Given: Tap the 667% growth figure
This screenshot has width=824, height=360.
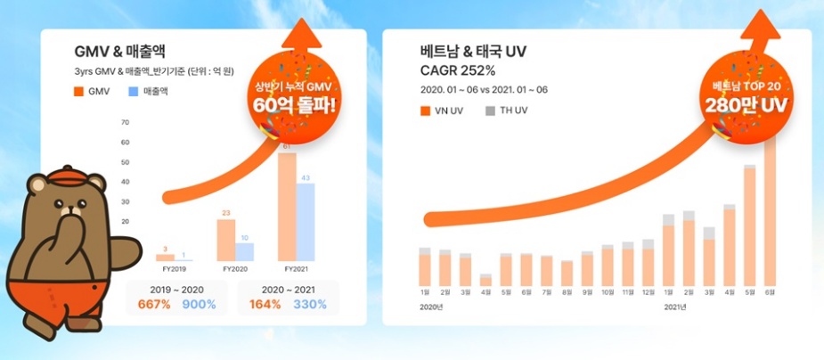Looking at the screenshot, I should pyautogui.click(x=155, y=305).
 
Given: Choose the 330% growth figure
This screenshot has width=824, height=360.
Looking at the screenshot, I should pyautogui.click(x=310, y=305).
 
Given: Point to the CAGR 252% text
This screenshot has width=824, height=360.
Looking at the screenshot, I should pyautogui.click(x=458, y=70).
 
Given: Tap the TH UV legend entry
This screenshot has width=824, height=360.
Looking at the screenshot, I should pyautogui.click(x=507, y=110).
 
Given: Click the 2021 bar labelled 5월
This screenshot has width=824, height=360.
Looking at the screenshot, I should pyautogui.click(x=749, y=225).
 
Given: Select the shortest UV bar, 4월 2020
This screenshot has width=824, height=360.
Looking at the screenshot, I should pyautogui.click(x=485, y=280).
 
